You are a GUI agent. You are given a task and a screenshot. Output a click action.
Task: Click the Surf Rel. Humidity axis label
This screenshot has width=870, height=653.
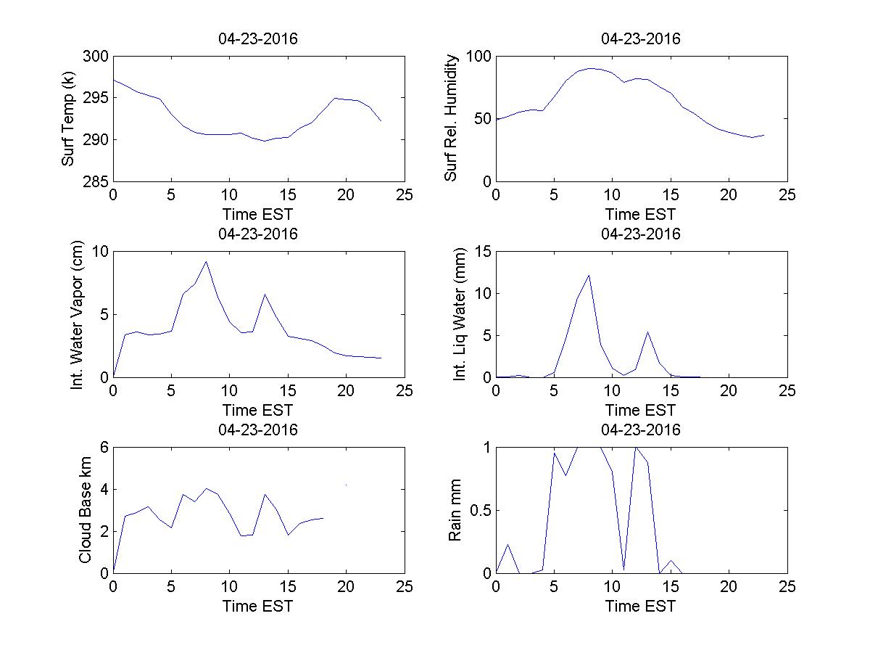[452, 119]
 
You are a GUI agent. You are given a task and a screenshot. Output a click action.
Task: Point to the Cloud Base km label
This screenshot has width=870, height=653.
[85, 510]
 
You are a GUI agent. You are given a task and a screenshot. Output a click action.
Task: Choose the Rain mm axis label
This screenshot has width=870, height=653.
[455, 510]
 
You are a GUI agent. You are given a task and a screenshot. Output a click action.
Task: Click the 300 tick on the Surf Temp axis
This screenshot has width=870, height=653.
[96, 57]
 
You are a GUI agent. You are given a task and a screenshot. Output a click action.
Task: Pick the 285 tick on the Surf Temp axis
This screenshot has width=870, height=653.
[96, 181]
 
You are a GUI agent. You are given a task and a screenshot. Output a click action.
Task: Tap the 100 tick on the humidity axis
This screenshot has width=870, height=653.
[479, 57]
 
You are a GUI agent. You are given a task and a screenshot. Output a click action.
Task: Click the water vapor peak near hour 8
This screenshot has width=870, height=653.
[207, 262]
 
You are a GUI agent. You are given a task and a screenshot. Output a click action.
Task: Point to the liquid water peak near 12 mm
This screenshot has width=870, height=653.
[589, 275]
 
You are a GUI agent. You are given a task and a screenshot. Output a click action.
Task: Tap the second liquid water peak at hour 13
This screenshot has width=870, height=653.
[647, 332]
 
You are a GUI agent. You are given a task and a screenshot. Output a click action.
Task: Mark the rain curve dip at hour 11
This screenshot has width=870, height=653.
[624, 570]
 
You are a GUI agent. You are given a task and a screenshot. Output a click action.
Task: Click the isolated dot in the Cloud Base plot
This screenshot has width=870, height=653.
[347, 485]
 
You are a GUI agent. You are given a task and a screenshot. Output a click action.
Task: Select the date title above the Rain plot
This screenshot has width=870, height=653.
[641, 430]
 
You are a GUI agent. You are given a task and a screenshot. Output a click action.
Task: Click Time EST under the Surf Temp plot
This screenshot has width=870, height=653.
[258, 215]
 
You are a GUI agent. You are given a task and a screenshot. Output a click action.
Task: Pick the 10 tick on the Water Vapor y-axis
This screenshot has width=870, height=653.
[100, 252]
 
